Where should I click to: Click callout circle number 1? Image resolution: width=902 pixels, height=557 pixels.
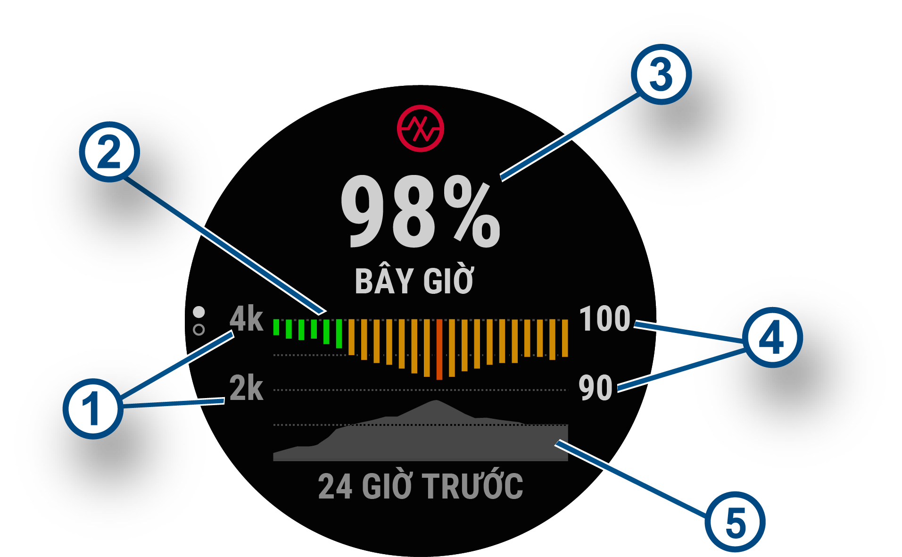tap(93, 408)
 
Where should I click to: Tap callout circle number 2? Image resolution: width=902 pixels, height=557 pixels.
tap(109, 152)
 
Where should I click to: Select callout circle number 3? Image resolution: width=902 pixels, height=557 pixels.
tap(661, 75)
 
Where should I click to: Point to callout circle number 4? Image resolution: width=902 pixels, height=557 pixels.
tap(772, 338)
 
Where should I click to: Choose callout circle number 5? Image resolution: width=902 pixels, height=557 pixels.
tap(735, 522)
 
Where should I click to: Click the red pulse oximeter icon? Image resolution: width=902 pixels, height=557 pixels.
tap(420, 128)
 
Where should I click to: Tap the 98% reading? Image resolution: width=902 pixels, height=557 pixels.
tap(420, 211)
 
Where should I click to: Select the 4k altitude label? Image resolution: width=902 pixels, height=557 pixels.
tap(246, 319)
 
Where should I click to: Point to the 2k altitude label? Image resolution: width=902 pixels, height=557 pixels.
tap(246, 388)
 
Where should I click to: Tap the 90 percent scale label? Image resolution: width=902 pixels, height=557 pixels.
tap(596, 388)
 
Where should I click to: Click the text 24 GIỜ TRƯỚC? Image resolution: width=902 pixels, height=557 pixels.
tap(421, 486)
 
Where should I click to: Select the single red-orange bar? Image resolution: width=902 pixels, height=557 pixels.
tap(439, 349)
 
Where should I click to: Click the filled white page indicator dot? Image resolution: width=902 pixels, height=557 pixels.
tap(199, 312)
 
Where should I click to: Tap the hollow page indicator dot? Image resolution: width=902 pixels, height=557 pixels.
tap(199, 330)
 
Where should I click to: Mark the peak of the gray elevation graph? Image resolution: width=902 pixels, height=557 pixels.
tap(437, 400)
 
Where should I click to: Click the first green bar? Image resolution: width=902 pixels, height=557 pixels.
tap(276, 327)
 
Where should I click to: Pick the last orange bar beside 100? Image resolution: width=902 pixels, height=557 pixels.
tap(565, 338)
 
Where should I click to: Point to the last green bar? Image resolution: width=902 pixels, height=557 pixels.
tap(339, 334)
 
